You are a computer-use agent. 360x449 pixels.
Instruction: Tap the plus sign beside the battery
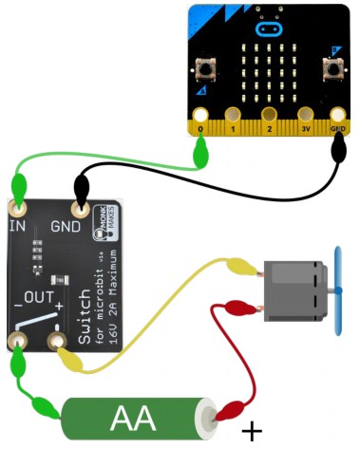point(252,432)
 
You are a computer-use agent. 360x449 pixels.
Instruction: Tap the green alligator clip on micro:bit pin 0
point(200,148)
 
